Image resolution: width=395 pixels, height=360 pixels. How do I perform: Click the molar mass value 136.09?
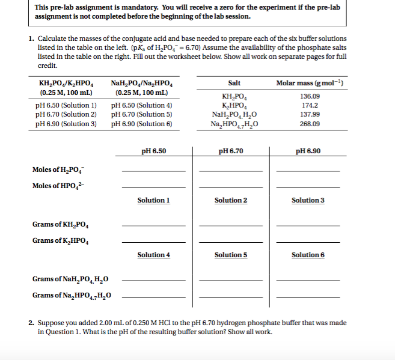(x=310, y=96)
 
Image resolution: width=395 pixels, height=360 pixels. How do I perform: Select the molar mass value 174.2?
(x=310, y=105)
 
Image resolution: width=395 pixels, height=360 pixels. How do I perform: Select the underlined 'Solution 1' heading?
(x=153, y=200)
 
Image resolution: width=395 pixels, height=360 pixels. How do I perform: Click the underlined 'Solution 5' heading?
(x=231, y=255)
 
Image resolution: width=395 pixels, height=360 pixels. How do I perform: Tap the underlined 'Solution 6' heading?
(x=308, y=255)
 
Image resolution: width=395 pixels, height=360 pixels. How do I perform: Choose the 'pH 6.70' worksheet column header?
(x=231, y=151)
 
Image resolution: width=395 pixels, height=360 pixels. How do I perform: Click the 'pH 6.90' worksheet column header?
(x=308, y=151)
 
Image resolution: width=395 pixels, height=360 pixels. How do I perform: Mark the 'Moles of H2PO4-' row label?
(x=57, y=170)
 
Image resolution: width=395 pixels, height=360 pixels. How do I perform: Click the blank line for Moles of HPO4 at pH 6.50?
(x=153, y=187)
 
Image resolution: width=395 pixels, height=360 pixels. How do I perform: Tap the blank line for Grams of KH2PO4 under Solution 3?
(x=308, y=225)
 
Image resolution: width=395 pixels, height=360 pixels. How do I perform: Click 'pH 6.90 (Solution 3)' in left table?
(x=67, y=123)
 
